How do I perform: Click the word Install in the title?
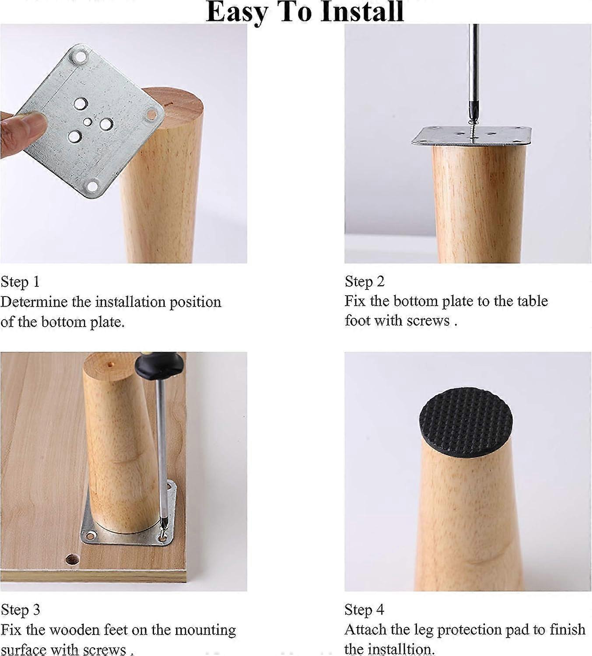(x=361, y=12)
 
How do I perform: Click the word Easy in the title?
(x=236, y=12)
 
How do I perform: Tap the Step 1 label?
(x=20, y=282)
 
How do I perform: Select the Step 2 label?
(x=364, y=281)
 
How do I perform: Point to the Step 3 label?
(x=20, y=609)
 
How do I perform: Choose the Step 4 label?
(x=364, y=609)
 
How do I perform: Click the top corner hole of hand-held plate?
(x=81, y=56)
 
